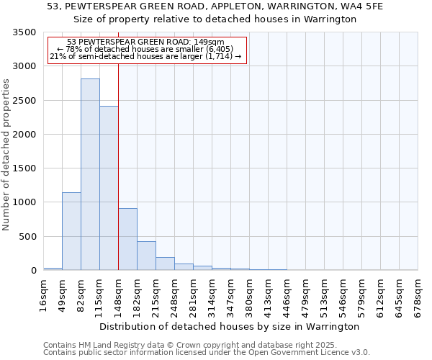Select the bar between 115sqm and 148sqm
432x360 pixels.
[x=109, y=188]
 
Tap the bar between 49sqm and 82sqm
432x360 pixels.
[x=71, y=231]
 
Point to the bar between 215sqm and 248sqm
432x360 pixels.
[x=165, y=264]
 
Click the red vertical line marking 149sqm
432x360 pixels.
[x=118, y=166]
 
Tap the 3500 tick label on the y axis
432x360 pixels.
[x=24, y=33]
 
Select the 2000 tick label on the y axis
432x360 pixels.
[x=24, y=135]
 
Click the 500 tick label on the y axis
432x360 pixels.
[x=27, y=237]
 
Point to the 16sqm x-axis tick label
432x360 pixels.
[x=44, y=292]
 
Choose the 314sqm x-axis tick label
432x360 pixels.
[x=212, y=294]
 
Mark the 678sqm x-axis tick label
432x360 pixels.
[x=418, y=294]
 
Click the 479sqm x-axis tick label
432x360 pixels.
[x=306, y=294]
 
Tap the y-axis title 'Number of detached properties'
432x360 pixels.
[x=7, y=155]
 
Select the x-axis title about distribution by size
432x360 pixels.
[x=230, y=326]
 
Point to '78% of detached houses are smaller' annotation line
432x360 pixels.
[x=147, y=49]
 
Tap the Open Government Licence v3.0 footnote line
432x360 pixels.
[x=207, y=353]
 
